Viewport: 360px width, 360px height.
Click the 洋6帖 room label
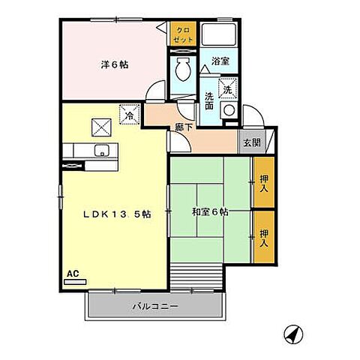pos(114,64)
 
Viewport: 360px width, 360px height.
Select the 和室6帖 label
pos(210,212)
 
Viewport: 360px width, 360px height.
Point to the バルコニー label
pos(155,307)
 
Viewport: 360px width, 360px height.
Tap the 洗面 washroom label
pos(209,100)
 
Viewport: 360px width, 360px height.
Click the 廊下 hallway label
pos(184,127)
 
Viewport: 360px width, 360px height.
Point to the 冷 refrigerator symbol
pos(130,115)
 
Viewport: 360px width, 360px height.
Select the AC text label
pos(73,274)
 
